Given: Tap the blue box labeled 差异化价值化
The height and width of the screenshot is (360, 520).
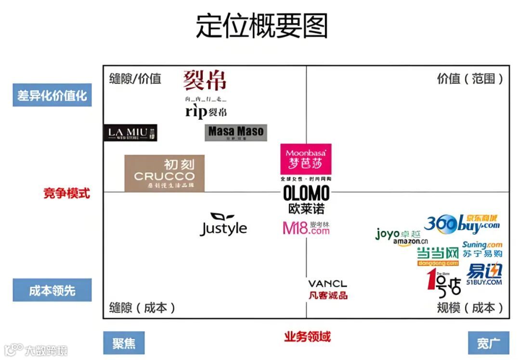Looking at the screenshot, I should (52, 95).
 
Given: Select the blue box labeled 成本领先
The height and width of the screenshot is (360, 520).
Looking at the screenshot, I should (52, 290).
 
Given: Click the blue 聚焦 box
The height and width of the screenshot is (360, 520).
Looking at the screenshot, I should (124, 343).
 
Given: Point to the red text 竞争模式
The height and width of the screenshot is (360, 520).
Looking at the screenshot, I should (66, 193).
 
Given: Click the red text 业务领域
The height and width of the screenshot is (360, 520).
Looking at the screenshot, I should (307, 336).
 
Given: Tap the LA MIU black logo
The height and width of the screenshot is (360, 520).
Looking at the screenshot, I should (130, 133).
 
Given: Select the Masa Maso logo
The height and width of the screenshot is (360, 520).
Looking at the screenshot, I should (235, 132).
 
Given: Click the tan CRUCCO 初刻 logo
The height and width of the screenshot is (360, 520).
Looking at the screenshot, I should (164, 173).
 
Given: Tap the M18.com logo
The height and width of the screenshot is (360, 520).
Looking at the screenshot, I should (306, 228).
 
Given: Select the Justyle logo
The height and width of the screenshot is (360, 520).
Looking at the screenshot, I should (223, 225).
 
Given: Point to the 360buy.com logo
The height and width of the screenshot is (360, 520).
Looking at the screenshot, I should (462, 223).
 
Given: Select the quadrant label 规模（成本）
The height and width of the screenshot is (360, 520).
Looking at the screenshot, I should (470, 308).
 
